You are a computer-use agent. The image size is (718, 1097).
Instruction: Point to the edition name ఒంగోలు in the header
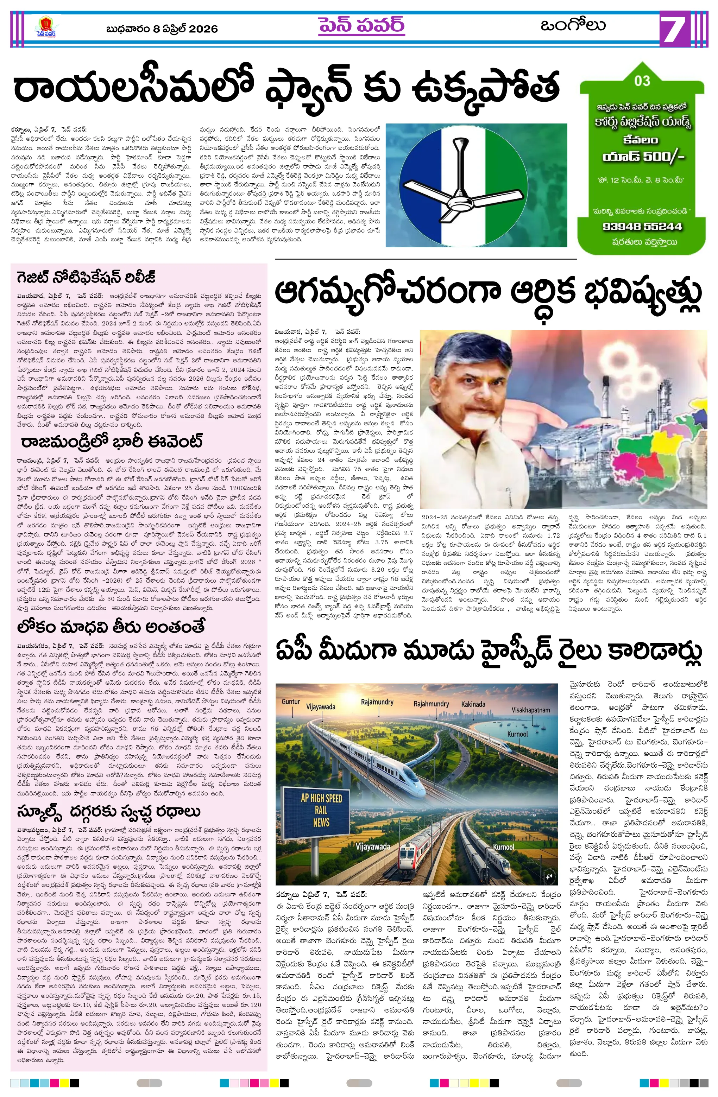pyautogui.click(x=573, y=25)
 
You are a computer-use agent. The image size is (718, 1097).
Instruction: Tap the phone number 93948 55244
pyautogui.click(x=642, y=226)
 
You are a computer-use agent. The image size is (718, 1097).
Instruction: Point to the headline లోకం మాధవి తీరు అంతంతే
pyautogui.click(x=111, y=627)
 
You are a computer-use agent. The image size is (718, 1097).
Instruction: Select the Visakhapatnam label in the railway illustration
pyautogui.click(x=530, y=710)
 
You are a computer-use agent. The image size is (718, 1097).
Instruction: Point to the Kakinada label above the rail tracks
pyautogui.click(x=473, y=704)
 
